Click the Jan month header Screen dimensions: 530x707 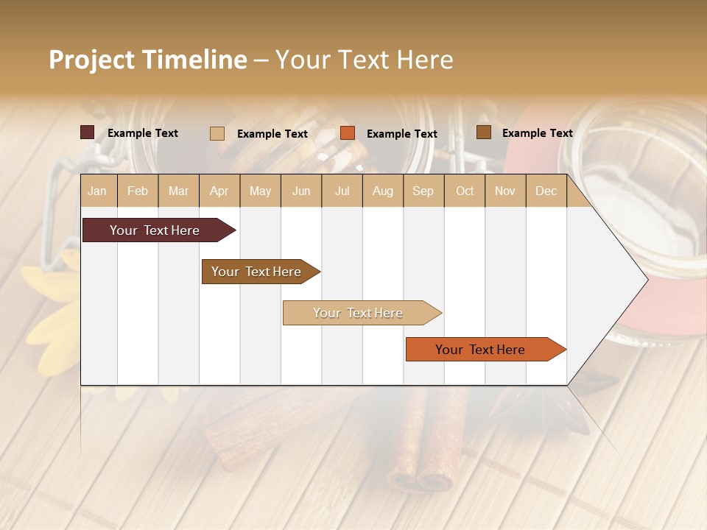(98, 191)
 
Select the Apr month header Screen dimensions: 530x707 (219, 191)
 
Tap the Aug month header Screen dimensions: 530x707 (383, 191)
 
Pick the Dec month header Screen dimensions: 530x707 (546, 191)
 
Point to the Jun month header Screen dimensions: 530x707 (301, 191)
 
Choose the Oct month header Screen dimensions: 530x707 (465, 191)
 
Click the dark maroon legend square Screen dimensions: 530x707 (88, 132)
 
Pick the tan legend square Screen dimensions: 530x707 (217, 133)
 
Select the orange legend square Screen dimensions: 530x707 (348, 133)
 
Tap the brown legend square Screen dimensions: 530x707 (484, 132)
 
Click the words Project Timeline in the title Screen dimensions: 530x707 (148, 60)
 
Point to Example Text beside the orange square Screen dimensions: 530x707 (402, 134)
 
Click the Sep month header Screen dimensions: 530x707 (423, 191)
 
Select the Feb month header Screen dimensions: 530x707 (138, 191)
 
